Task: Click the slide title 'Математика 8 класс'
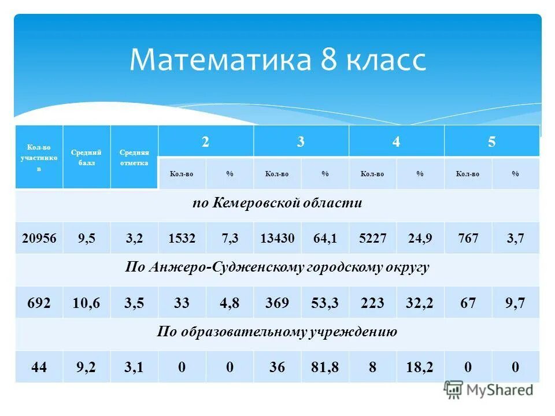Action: tap(277, 60)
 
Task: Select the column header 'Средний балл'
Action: tap(86, 157)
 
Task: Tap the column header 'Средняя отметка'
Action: tap(134, 157)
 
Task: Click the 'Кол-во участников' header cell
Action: tap(39, 157)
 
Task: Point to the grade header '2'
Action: tap(205, 142)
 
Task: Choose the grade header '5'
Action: tap(491, 142)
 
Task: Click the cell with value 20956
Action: tap(39, 238)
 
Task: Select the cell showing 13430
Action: tap(277, 238)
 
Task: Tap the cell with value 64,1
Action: tap(325, 238)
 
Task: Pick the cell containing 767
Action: tap(468, 238)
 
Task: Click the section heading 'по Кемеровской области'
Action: tap(277, 203)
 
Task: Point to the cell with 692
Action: tap(39, 303)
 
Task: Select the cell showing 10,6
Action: tap(86, 303)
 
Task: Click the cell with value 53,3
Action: tap(325, 303)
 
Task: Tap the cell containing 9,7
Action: tap(515, 303)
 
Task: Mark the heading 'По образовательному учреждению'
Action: tap(277, 332)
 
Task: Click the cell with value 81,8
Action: tap(325, 367)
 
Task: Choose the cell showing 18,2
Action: tap(420, 367)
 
